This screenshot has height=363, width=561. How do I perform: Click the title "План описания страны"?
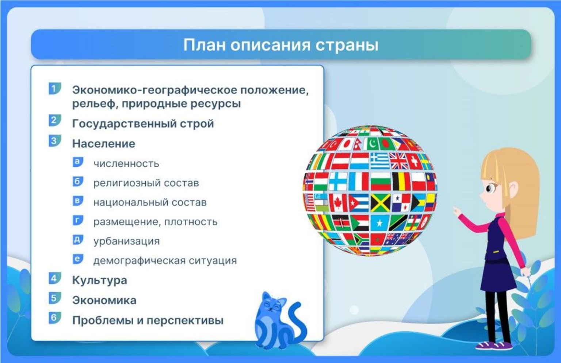click(280, 45)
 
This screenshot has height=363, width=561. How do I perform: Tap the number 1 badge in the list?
click(54, 88)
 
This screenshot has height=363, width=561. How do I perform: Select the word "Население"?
click(104, 144)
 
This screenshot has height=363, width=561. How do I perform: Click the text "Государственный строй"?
click(143, 124)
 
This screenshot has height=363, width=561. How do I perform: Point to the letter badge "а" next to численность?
click(78, 162)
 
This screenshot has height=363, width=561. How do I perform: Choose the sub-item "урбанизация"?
click(126, 241)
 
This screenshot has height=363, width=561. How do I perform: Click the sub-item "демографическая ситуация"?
click(165, 260)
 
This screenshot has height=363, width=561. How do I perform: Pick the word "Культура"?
click(100, 280)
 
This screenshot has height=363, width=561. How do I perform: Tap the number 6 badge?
click(54, 317)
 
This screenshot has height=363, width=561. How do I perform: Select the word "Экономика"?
click(104, 300)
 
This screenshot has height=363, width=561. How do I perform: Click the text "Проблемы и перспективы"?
click(148, 320)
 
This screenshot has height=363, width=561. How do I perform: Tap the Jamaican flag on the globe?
click(381, 203)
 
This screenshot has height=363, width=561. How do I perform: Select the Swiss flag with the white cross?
click(414, 161)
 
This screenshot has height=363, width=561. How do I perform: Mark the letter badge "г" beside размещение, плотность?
click(78, 220)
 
